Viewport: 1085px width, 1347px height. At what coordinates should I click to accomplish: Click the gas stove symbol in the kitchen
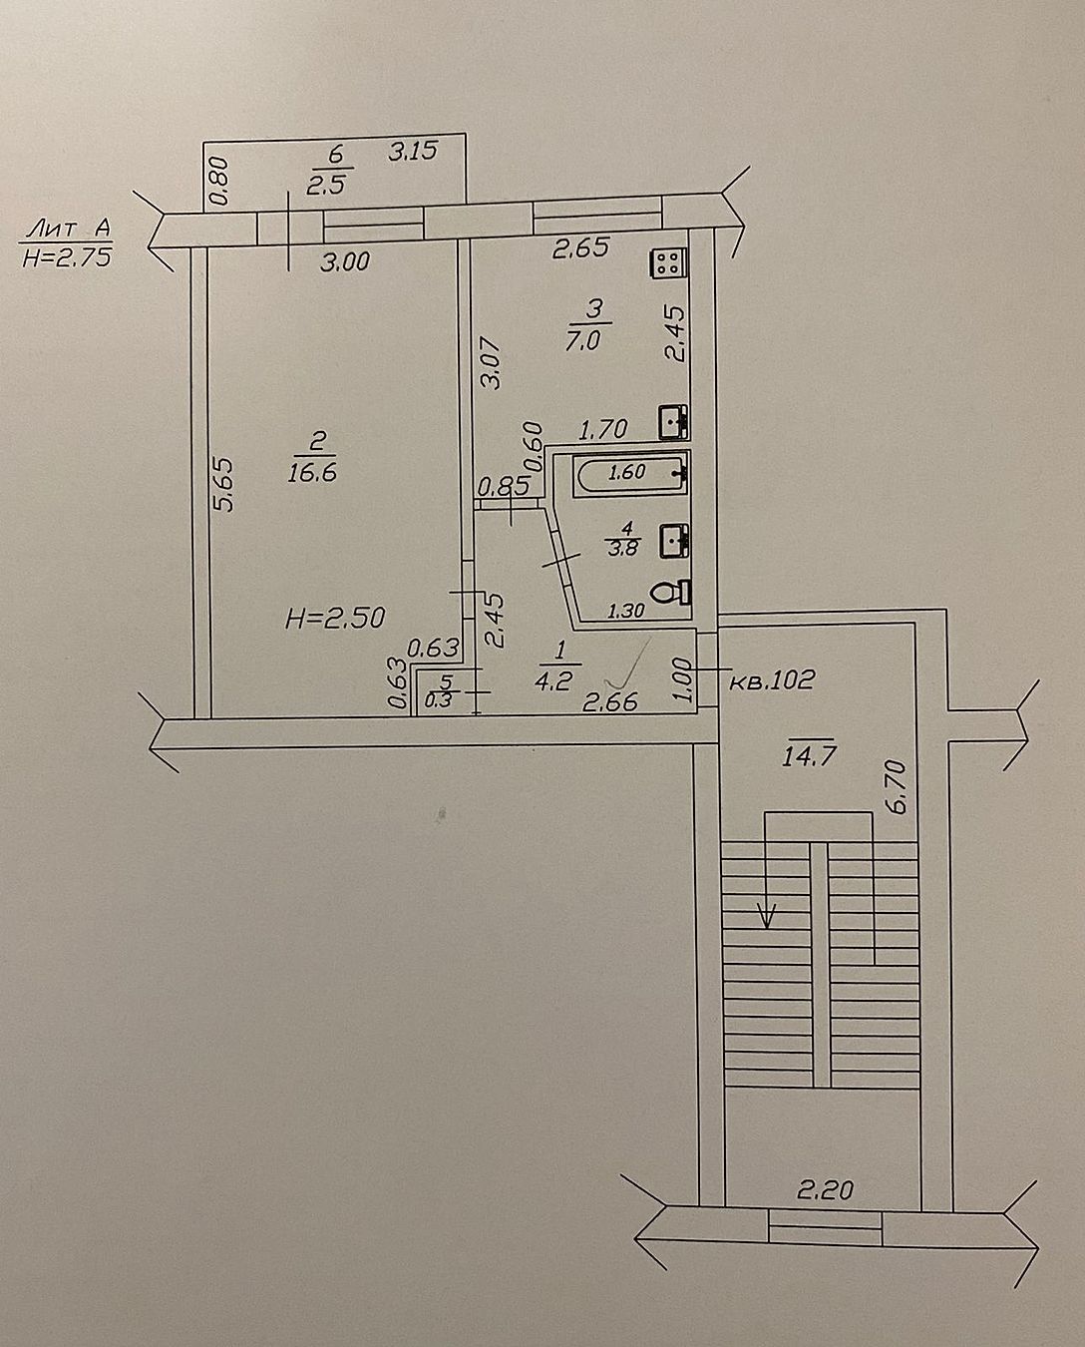[x=669, y=262]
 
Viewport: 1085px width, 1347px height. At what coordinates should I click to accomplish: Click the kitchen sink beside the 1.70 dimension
[x=674, y=422]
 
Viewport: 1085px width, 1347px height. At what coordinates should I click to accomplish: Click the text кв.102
[x=772, y=679]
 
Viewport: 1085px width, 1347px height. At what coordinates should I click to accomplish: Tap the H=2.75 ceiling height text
[x=67, y=257]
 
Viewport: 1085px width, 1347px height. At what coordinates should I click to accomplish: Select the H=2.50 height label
[x=335, y=619]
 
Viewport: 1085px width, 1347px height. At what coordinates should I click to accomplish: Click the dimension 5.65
[x=224, y=485]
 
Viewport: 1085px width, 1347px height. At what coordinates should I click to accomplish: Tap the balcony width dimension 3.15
[x=412, y=152]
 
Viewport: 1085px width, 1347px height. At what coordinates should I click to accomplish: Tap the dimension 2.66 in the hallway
[x=610, y=701]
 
